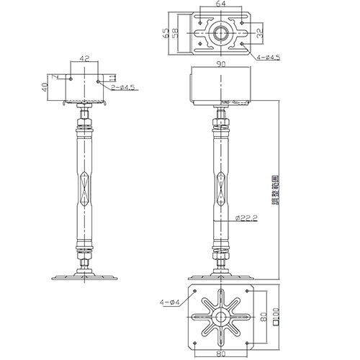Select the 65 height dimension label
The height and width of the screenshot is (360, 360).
click(x=166, y=32)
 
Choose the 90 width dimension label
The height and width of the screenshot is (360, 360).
click(x=219, y=64)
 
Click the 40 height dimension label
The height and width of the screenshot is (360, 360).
click(x=45, y=87)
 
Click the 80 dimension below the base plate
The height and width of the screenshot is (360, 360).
click(x=220, y=353)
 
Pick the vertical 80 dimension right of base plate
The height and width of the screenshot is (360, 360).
click(x=264, y=317)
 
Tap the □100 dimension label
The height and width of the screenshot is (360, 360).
click(x=276, y=317)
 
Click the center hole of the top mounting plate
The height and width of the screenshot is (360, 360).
click(x=219, y=32)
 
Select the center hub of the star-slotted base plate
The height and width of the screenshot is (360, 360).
click(x=220, y=316)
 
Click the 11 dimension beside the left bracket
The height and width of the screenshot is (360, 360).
click(x=111, y=77)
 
